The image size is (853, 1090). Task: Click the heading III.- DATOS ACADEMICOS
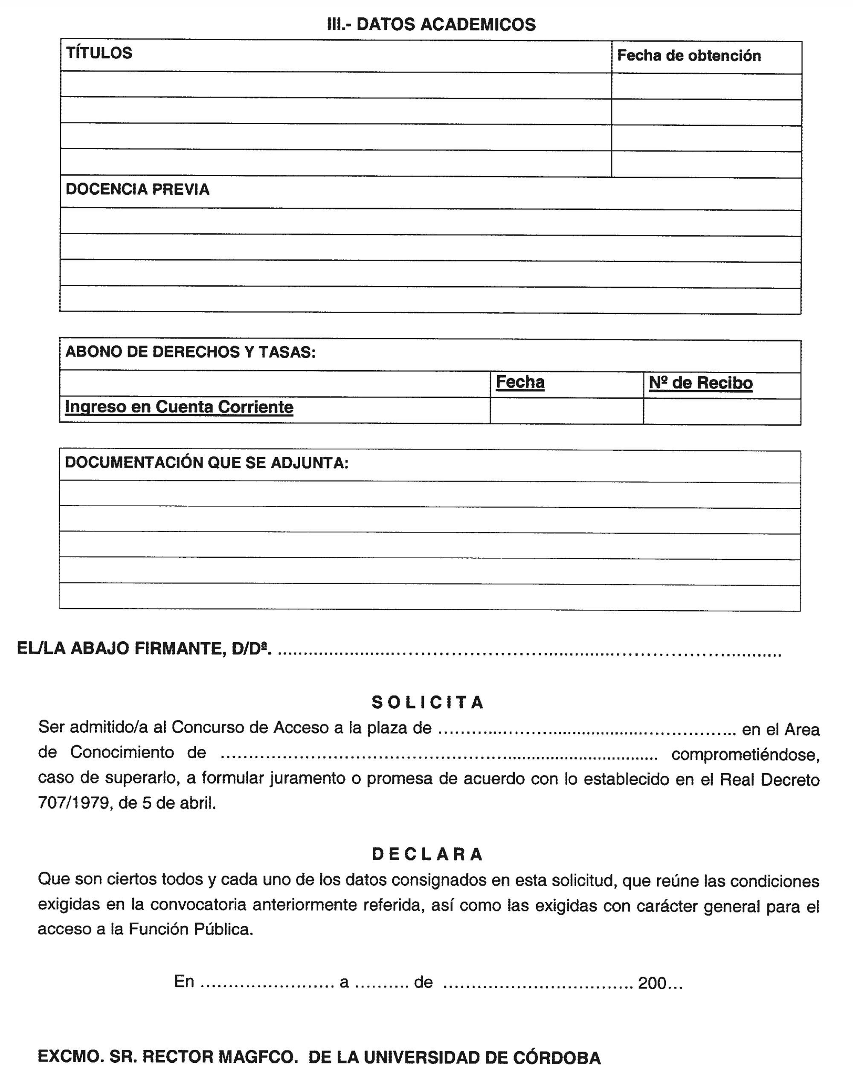[431, 24]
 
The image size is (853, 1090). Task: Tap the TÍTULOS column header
[99, 53]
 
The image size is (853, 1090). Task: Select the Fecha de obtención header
[689, 55]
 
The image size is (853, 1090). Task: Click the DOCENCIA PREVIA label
[137, 189]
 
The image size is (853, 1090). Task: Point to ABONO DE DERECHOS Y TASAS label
[190, 352]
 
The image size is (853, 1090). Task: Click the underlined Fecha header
[520, 382]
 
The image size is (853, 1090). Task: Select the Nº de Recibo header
[700, 383]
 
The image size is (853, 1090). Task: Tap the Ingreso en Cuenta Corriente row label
[179, 407]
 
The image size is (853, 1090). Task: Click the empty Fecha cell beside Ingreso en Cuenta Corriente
[566, 411]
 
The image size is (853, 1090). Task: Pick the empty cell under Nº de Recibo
[722, 412]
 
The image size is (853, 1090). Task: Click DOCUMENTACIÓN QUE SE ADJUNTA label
[207, 463]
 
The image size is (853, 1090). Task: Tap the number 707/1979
[74, 803]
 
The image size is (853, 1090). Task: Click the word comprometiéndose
[745, 754]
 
